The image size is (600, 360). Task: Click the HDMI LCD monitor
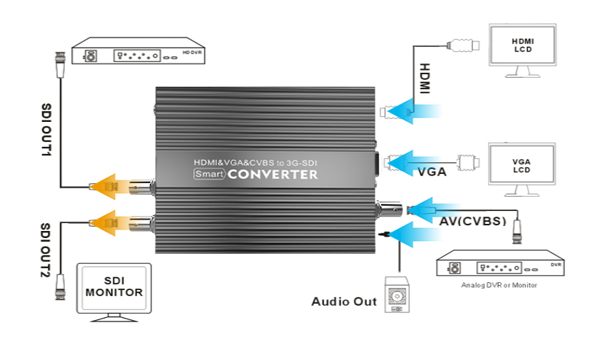tap(523, 46)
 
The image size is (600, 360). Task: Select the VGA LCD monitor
tap(522, 166)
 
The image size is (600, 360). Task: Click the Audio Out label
tap(344, 302)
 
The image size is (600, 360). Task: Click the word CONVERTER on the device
tap(274, 175)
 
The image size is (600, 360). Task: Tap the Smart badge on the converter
tap(210, 175)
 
